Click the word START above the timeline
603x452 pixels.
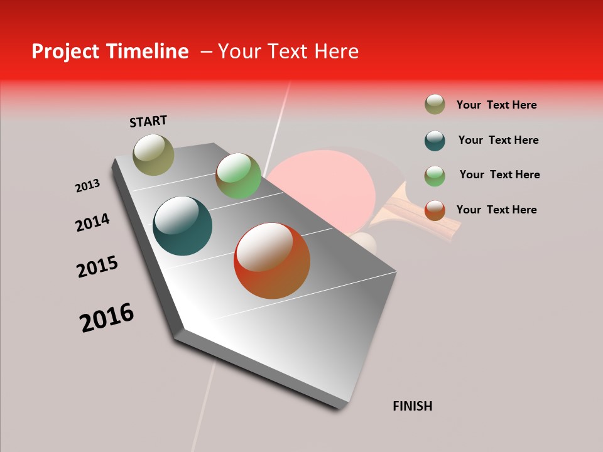[x=148, y=121]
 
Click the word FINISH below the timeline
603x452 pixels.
[x=412, y=406]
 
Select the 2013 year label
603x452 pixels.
[x=87, y=186]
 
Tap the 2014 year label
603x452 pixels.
[x=92, y=223]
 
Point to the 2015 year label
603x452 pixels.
[x=97, y=267]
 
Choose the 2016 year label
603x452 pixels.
[x=107, y=317]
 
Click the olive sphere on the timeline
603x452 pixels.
[x=153, y=154]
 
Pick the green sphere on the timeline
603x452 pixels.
[x=238, y=176]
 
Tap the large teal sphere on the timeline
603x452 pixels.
[x=182, y=226]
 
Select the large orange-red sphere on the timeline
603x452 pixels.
[x=272, y=261]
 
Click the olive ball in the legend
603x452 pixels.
[x=435, y=105]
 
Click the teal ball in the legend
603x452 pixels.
[x=435, y=141]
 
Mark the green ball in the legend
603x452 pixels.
[x=435, y=175]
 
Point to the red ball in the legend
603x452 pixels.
[x=435, y=210]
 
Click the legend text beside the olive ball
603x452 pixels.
[x=496, y=105]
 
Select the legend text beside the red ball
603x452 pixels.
[x=496, y=210]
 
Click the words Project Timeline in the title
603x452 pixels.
[x=110, y=51]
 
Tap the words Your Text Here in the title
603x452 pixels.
[x=288, y=51]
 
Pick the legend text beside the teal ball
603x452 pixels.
[x=498, y=140]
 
